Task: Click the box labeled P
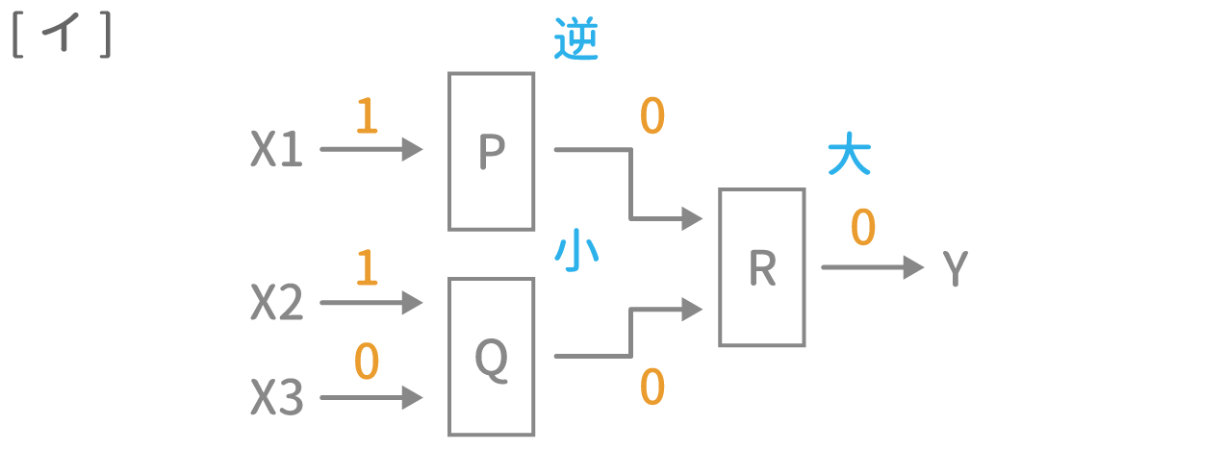491,151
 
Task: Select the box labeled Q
491,357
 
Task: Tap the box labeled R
761,267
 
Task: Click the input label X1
276,151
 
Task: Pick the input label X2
277,304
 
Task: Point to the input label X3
277,397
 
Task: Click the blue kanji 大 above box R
849,157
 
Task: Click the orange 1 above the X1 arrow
366,116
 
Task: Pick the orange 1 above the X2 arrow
366,268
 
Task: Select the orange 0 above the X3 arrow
366,362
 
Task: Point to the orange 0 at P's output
651,116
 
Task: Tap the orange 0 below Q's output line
651,387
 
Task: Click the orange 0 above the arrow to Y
863,229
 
